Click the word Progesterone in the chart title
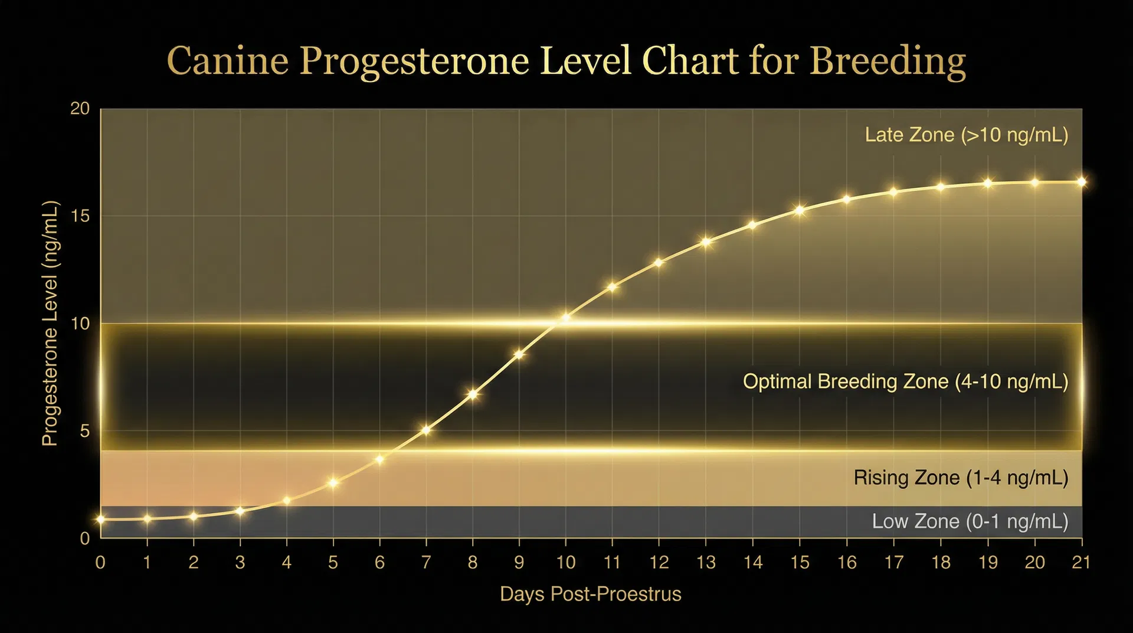click(414, 61)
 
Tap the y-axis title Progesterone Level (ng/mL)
click(50, 324)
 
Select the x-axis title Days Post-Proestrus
click(590, 594)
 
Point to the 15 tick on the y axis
click(80, 216)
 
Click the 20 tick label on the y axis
click(80, 109)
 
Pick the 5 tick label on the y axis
click(85, 431)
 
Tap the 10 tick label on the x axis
click(565, 562)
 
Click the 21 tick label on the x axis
click(1081, 562)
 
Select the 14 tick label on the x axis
click(752, 562)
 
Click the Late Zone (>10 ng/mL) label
click(966, 135)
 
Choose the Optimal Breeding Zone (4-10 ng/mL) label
click(905, 381)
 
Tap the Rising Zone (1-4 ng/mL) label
click(960, 478)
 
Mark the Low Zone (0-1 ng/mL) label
click(970, 521)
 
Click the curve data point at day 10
click(565, 318)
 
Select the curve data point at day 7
click(426, 430)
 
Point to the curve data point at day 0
click(101, 520)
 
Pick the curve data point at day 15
click(799, 210)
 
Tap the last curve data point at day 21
click(1081, 182)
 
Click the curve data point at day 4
click(287, 501)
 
